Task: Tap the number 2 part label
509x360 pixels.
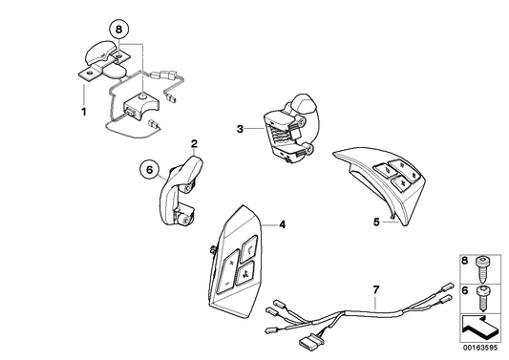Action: (x=194, y=145)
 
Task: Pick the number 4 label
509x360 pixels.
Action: (x=282, y=224)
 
